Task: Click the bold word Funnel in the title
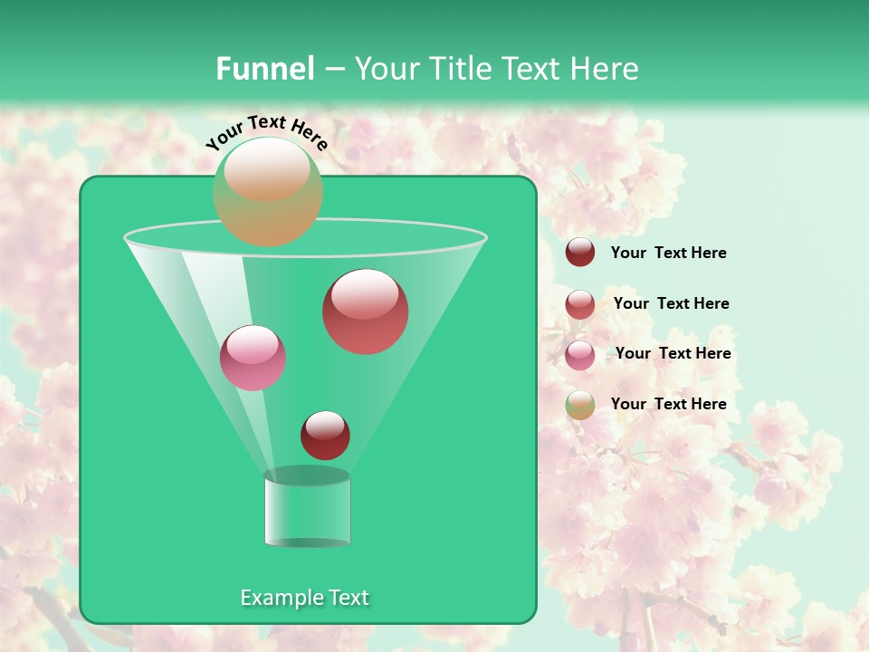coord(265,69)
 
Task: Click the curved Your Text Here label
coord(267,131)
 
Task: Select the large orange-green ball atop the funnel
coord(268,192)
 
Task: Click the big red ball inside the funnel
coord(365,312)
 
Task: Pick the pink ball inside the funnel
coord(253,358)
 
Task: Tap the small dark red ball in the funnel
coord(325,435)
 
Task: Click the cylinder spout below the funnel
coord(307,511)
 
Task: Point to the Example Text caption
coord(304,598)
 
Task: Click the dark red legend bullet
coord(580,253)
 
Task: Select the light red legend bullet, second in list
coord(580,304)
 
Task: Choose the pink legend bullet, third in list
coord(580,354)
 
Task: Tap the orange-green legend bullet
coord(580,405)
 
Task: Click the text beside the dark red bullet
coord(668,253)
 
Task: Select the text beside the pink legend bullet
coord(673,353)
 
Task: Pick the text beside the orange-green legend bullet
coord(668,404)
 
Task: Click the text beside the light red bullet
coord(671,303)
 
